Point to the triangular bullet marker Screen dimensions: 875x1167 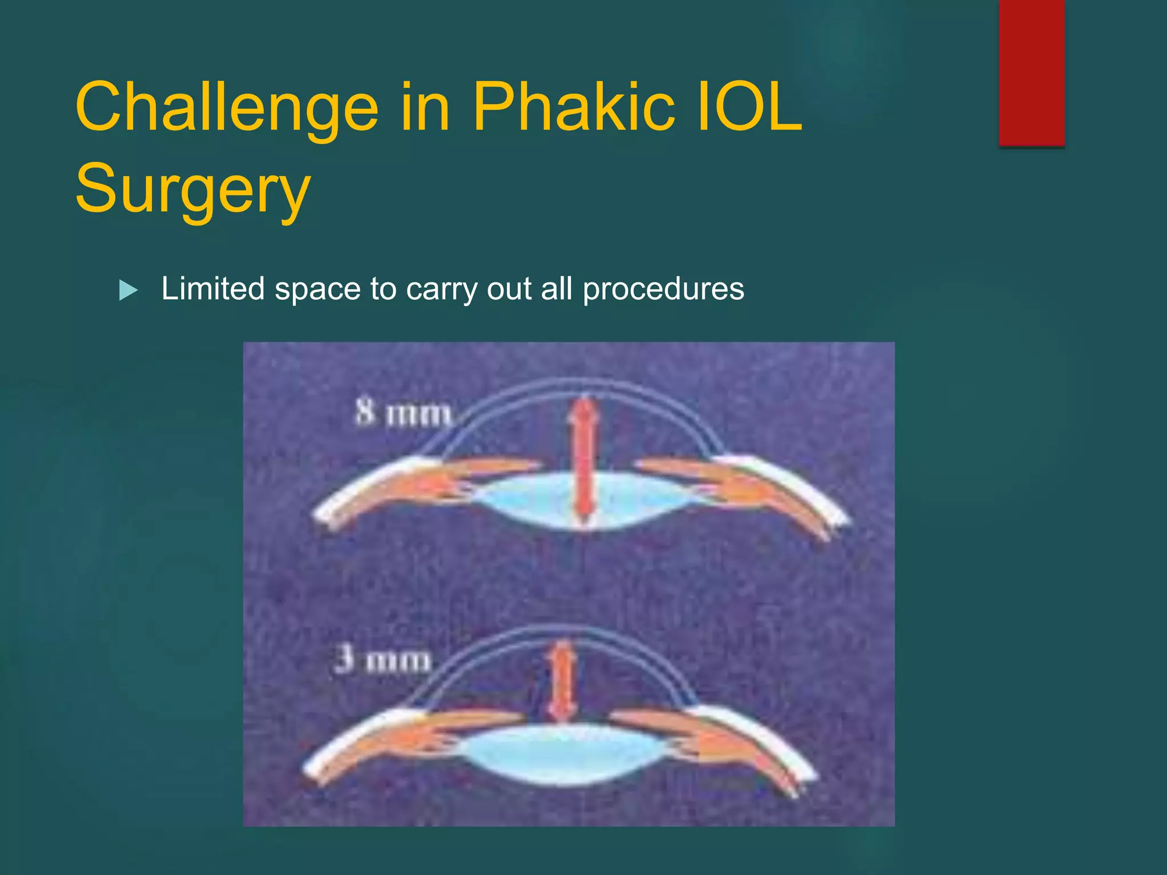(128, 291)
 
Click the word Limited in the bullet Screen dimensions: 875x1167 (213, 288)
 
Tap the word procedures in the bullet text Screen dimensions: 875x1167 (663, 289)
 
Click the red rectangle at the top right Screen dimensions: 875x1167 (1031, 73)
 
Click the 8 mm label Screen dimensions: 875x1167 (403, 414)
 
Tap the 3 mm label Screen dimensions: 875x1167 (382, 661)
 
